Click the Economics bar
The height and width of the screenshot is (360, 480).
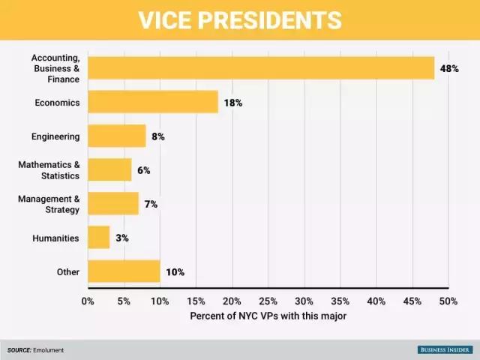[153, 102]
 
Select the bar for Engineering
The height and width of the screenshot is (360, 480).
[117, 136]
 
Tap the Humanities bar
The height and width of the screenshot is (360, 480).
[99, 237]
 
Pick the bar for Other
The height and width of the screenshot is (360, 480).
[124, 271]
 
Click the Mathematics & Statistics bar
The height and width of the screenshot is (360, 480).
[109, 169]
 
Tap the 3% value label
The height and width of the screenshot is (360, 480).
[122, 238]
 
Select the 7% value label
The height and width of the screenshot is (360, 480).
[151, 204]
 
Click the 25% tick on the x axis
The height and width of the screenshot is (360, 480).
[268, 301]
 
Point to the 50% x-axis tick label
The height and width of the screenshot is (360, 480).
[448, 301]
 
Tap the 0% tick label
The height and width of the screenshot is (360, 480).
[88, 301]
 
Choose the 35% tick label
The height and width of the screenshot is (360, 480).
[340, 301]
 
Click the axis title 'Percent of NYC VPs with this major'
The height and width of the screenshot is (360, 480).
[268, 316]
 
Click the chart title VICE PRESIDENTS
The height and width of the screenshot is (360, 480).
[239, 20]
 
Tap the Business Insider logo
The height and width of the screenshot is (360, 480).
[445, 349]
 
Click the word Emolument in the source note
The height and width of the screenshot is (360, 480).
[47, 350]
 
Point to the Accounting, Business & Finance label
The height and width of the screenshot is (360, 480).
[55, 68]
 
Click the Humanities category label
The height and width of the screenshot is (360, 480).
[55, 238]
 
